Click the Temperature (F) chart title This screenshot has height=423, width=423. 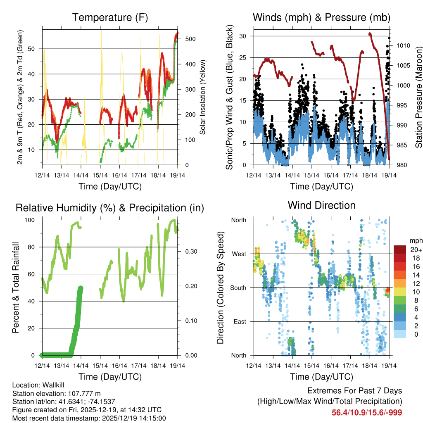pyautogui.click(x=110, y=17)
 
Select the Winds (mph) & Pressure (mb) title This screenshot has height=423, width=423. pyautogui.click(x=321, y=17)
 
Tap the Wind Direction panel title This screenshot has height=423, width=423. pyautogui.click(x=321, y=205)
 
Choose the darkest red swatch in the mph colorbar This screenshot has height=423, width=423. pyautogui.click(x=400, y=250)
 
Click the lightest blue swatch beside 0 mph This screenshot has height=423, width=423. pyautogui.click(x=400, y=334)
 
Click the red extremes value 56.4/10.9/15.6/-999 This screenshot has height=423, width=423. pyautogui.click(x=367, y=412)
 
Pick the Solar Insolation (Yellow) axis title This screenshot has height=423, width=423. pyautogui.click(x=202, y=97)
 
